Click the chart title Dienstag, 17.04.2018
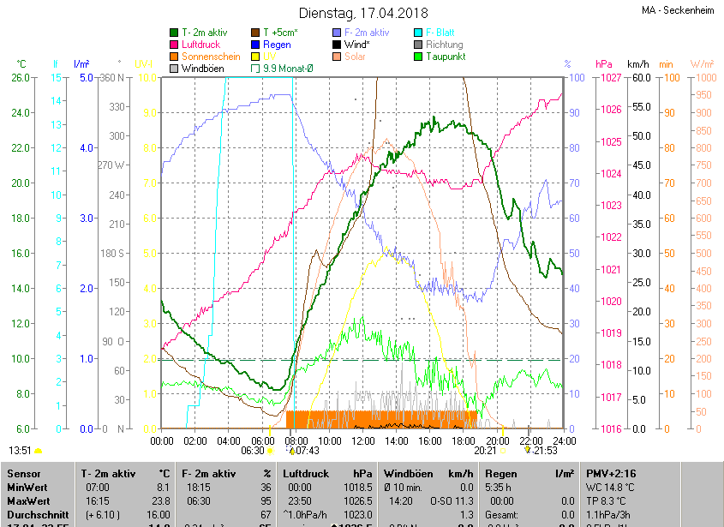point(363,13)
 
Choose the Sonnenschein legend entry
point(211,57)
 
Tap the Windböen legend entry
point(202,69)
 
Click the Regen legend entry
point(276,45)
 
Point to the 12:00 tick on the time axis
point(362,440)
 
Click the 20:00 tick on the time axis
point(496,440)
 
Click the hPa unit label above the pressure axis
point(603,64)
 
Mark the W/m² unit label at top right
point(702,64)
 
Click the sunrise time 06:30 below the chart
point(252,450)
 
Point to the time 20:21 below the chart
point(485,450)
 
